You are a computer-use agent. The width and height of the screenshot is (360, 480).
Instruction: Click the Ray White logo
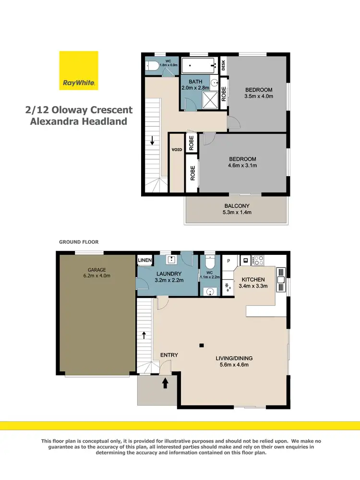79,70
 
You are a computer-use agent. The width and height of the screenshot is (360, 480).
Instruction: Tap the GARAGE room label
96,270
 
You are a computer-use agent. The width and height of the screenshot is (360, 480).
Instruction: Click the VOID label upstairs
177,150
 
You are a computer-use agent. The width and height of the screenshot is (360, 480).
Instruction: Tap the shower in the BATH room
209,101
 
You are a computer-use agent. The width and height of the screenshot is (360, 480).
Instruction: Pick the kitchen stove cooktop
258,261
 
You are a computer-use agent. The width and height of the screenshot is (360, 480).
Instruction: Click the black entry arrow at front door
165,383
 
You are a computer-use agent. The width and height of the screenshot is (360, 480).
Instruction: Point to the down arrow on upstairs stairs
152,141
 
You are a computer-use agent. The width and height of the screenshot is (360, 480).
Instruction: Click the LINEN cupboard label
145,261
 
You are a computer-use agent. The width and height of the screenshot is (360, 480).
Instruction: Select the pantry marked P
228,261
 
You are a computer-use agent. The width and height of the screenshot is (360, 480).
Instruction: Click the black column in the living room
202,345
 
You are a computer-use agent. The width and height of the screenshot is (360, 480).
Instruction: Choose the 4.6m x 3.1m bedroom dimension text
242,166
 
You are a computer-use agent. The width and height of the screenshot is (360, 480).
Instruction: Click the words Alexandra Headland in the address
79,121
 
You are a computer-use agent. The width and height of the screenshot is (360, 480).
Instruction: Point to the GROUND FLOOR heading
79,242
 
